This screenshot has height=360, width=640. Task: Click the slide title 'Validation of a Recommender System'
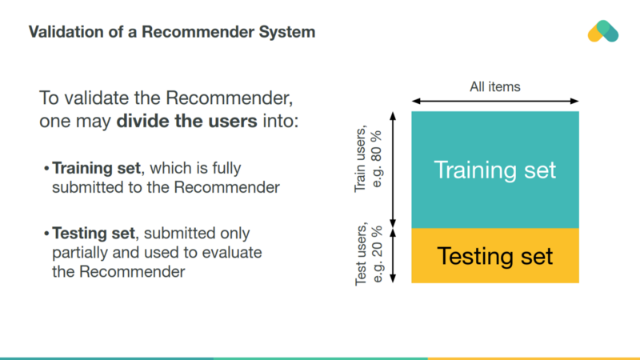point(171,33)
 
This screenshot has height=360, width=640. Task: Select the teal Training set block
point(494,170)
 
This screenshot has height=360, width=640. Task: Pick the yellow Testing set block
point(494,256)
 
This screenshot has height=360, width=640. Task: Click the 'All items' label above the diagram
point(494,86)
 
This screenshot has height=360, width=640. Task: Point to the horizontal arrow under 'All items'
point(494,102)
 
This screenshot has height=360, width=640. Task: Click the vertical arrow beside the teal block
point(392,170)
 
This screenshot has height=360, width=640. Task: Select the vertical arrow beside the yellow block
point(392,256)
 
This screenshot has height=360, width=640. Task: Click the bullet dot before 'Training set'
point(46,170)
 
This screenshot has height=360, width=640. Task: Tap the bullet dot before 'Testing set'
point(46,234)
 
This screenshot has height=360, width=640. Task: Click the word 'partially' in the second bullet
point(78,253)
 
